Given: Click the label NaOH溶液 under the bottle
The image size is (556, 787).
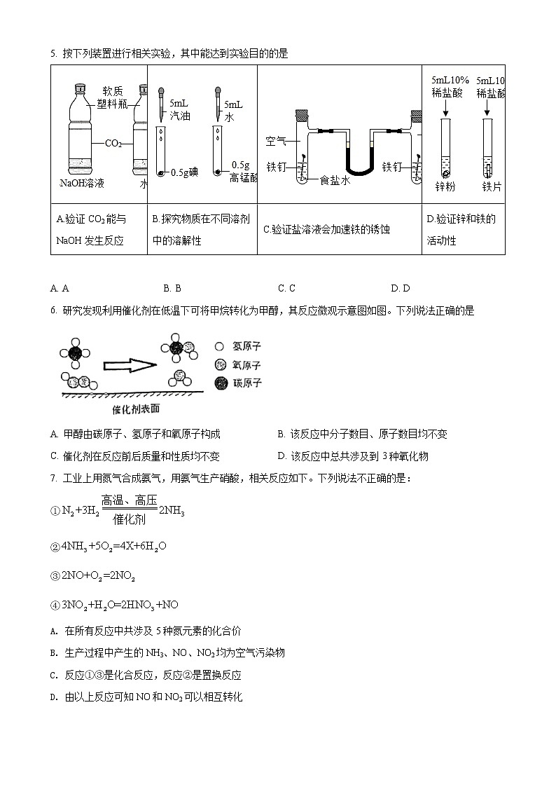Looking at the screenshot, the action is (82, 184).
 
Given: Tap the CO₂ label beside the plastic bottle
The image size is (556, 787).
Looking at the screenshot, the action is (113, 144).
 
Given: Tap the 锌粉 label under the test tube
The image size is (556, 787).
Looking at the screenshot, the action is (445, 187).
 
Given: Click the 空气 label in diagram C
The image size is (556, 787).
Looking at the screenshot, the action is (276, 142).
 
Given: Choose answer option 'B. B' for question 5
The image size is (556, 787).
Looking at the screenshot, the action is (172, 288).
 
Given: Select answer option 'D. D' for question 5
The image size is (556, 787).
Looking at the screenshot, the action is (401, 288).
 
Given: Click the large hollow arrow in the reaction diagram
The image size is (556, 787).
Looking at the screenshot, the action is (130, 365).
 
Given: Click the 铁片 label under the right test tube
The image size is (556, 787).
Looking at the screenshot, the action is (492, 187).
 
